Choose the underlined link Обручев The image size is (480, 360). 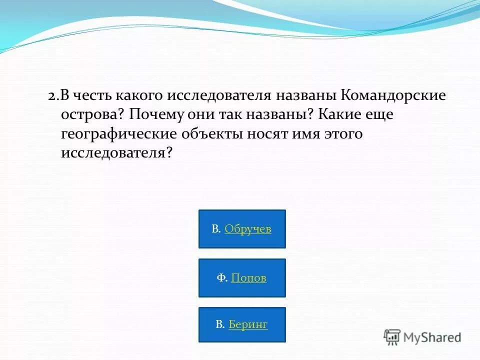[247, 229]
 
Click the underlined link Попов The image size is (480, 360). [248, 278]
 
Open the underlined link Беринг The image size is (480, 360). [248, 324]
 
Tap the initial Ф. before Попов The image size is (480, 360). [222, 278]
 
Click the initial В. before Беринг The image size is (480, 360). [220, 324]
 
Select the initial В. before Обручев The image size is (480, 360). [216, 229]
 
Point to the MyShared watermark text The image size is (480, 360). [432, 337]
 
